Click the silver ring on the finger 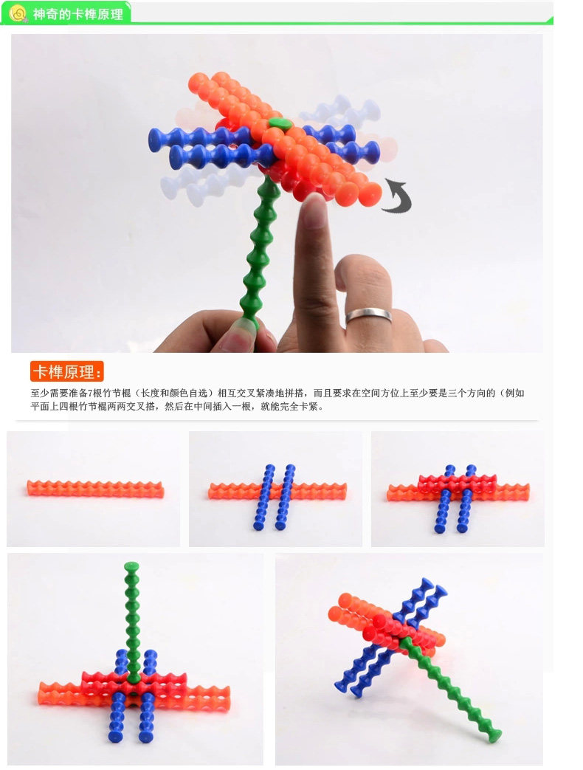(x=369, y=315)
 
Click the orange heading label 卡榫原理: (x=67, y=372)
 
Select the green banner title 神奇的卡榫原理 (x=78, y=14)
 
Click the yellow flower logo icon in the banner (x=18, y=13)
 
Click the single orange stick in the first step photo (x=95, y=489)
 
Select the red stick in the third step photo (x=458, y=483)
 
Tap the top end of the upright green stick (x=131, y=567)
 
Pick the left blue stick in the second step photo (x=263, y=497)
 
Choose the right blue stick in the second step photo (x=285, y=497)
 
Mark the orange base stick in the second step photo (x=277, y=491)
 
